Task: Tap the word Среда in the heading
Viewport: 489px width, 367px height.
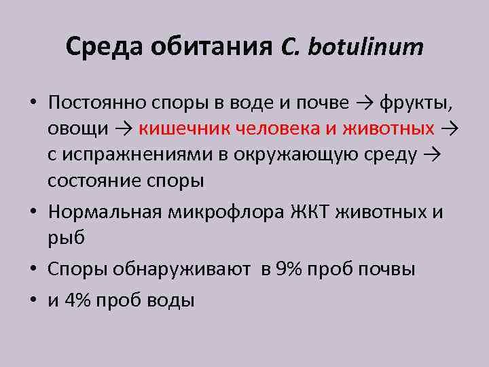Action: pyautogui.click(x=104, y=48)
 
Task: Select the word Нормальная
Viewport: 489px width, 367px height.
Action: pyautogui.click(x=103, y=212)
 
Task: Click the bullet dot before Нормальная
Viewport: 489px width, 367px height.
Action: pyautogui.click(x=33, y=212)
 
